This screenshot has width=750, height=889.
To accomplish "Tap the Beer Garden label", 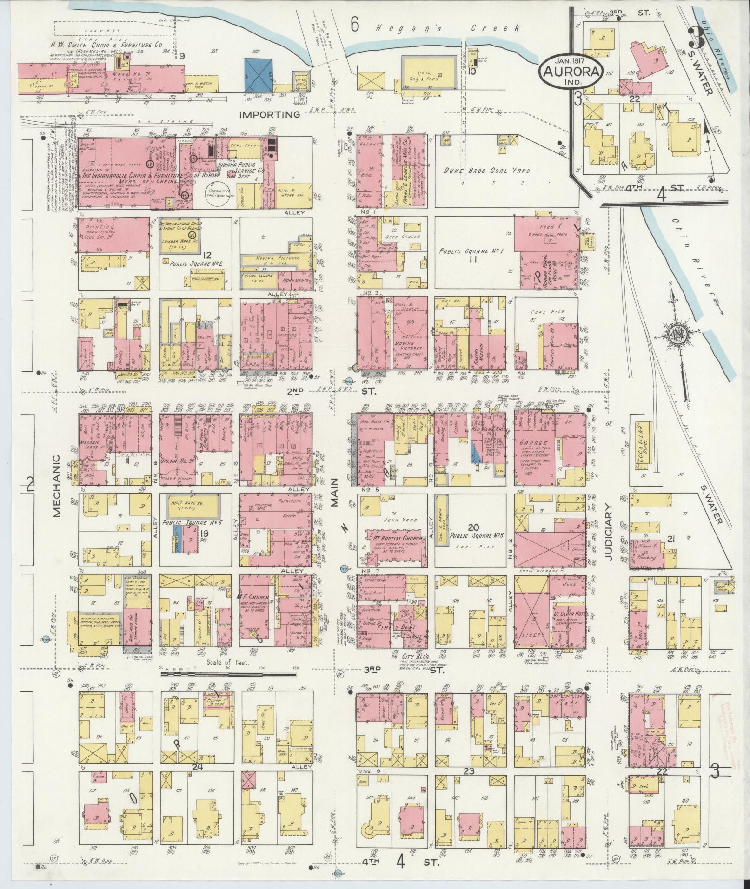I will pos(407,236).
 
